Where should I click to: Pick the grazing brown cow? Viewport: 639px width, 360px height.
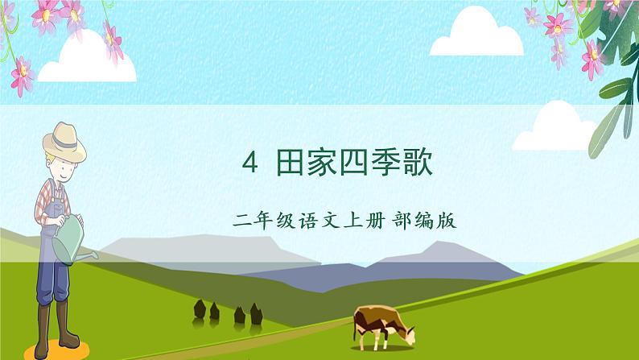coord(380,322)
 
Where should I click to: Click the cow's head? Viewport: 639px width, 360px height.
coord(407,332)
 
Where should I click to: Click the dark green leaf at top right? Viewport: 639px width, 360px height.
coord(612,32)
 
